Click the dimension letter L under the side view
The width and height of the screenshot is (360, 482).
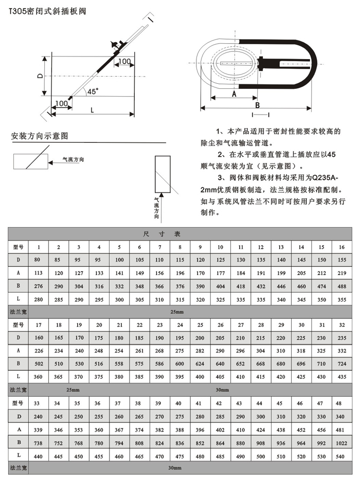coord(92,109)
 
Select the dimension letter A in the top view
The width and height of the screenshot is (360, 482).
coord(233,95)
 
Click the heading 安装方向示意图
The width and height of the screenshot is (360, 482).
coord(40,137)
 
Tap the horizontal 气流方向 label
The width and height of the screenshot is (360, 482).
coord(73,160)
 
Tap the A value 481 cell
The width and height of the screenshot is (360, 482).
coord(341,428)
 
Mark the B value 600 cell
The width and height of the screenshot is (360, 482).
coord(180,363)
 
